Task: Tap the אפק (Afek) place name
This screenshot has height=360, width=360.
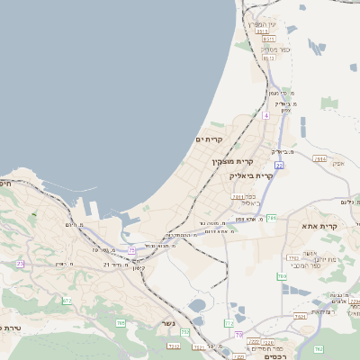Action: [x=338, y=163]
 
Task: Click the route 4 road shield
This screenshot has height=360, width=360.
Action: [x=266, y=115]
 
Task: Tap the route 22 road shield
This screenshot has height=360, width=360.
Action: [x=280, y=166]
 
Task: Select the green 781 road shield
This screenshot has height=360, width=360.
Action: [x=272, y=218]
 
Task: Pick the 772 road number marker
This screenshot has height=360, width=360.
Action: [x=229, y=322]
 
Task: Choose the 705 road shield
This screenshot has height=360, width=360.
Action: [x=120, y=322]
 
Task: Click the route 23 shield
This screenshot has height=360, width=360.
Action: [x=22, y=264]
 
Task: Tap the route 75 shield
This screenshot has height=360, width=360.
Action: [x=132, y=250]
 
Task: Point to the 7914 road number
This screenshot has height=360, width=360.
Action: [x=238, y=195]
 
